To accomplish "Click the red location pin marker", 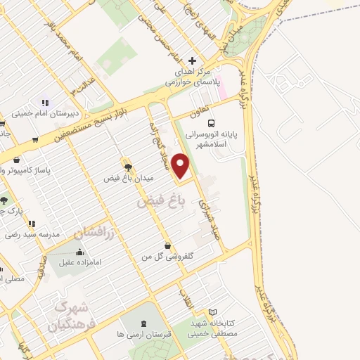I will (x=181, y=167).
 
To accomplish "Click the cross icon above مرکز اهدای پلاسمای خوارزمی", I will (x=193, y=61).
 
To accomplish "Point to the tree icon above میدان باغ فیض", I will (x=127, y=166).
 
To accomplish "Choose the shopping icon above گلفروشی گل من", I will (x=167, y=245).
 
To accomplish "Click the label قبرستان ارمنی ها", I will (x=144, y=334).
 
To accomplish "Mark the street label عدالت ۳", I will (x=80, y=85).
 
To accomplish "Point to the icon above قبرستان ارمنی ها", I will (x=144, y=323).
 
